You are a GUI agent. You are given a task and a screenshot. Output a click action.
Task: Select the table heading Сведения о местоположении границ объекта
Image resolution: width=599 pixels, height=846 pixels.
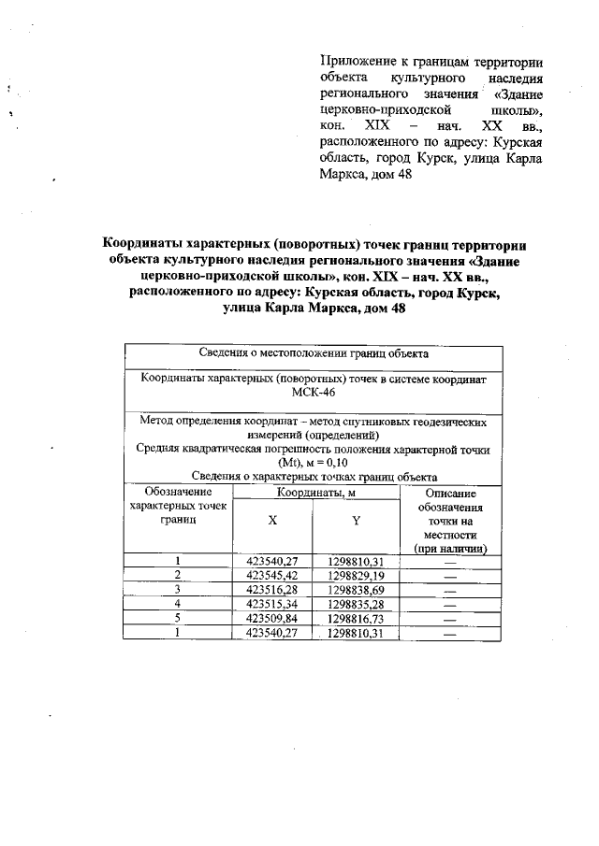pos(314,354)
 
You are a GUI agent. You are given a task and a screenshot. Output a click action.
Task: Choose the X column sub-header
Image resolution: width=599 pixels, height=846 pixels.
pos(272,520)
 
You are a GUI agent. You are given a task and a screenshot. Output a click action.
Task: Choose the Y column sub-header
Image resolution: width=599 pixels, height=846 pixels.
pos(357,520)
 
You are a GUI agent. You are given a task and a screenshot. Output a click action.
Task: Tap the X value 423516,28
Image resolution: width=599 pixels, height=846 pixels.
pos(271,590)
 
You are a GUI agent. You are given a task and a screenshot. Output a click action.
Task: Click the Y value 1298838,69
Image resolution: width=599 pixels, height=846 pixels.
pos(357,590)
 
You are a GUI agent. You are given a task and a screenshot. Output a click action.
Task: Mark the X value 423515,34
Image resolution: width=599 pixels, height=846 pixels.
pos(271,604)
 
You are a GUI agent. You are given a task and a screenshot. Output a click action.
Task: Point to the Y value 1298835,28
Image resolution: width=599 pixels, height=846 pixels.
pos(357,604)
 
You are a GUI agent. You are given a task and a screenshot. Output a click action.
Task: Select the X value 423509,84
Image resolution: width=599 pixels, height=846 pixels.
pos(271,619)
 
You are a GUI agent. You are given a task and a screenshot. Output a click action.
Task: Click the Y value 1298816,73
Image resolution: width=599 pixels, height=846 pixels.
pos(357,619)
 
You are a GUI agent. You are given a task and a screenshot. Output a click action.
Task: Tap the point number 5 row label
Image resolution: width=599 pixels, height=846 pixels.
pos(178,619)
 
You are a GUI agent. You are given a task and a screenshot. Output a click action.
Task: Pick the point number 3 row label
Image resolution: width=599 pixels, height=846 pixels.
pos(178,590)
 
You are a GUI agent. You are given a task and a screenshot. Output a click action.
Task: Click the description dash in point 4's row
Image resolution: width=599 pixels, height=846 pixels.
pos(450,605)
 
